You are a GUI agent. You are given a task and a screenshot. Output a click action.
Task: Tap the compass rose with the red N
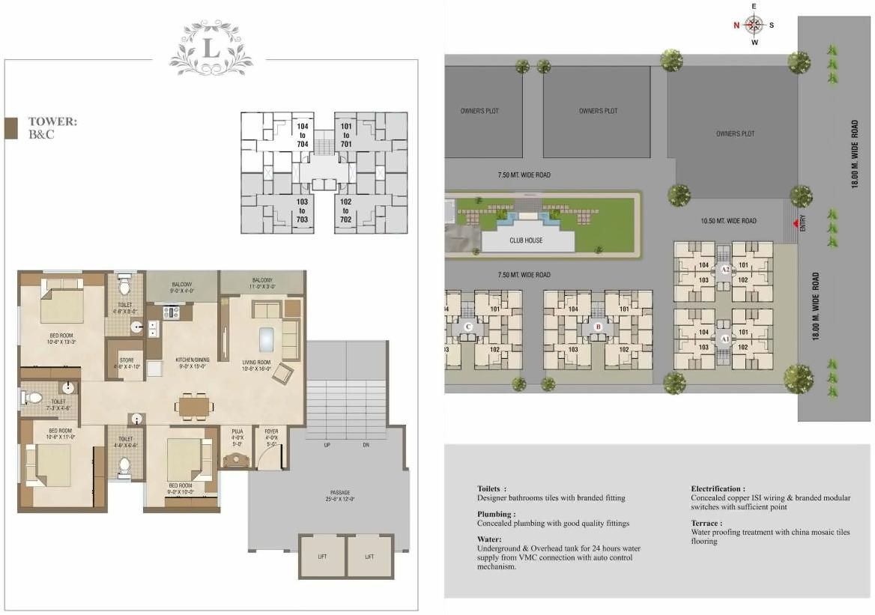tap(754, 25)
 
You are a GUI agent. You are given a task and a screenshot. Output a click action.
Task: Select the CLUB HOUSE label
tap(527, 240)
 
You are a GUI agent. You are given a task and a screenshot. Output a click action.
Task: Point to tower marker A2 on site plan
tap(724, 269)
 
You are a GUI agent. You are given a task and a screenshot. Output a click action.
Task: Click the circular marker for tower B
tap(598, 327)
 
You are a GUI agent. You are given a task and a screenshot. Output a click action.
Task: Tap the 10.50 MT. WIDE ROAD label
tap(727, 221)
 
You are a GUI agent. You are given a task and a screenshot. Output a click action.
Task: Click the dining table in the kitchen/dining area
tap(194, 405)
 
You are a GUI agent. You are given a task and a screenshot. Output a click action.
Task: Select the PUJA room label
tap(237, 435)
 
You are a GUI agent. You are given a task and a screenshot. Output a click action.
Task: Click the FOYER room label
tap(270, 435)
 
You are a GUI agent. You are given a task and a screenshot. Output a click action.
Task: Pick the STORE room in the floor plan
tap(126, 363)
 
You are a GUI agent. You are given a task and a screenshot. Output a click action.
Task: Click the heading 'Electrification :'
tap(717, 488)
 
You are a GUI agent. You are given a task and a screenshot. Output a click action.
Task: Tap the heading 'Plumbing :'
tap(496, 514)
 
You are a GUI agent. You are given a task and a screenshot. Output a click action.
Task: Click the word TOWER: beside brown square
tap(52, 121)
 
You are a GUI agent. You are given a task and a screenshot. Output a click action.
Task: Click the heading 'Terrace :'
tap(706, 523)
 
